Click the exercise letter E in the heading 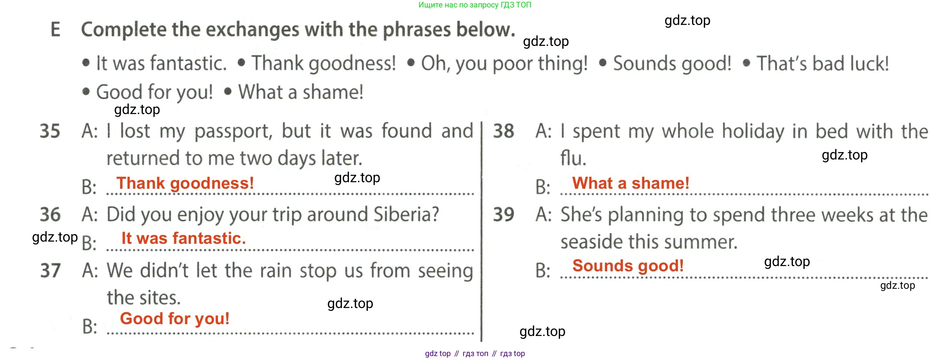(55, 29)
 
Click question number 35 (50, 131)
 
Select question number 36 (50, 215)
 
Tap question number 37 (50, 270)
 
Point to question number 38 (504, 131)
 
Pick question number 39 (504, 215)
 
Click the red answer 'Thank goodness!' (185, 183)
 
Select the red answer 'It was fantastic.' (183, 238)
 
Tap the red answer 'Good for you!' (175, 319)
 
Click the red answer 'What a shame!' (631, 183)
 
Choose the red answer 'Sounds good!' (628, 266)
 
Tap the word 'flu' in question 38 (573, 158)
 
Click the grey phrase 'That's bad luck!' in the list (823, 63)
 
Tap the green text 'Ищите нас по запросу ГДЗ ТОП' (475, 5)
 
